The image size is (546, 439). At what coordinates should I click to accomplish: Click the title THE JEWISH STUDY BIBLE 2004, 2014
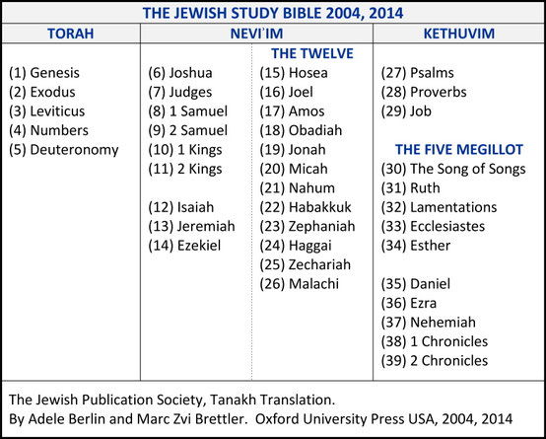click(x=273, y=14)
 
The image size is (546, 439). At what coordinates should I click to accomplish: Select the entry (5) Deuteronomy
click(x=63, y=149)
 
